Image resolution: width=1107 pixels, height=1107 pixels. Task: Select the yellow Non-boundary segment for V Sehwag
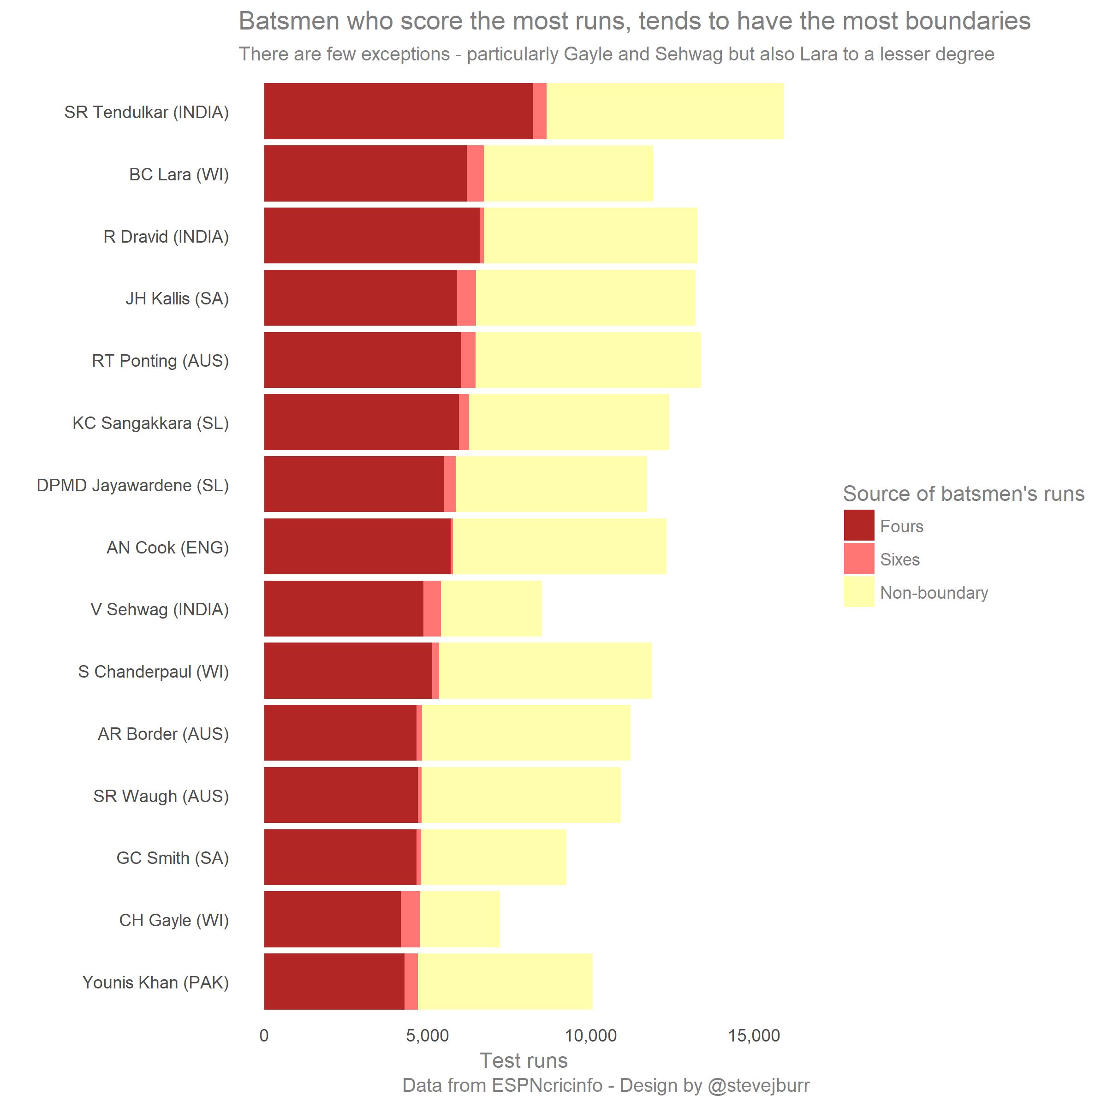(491, 608)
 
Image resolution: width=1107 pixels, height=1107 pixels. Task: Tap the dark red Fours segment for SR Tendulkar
(398, 111)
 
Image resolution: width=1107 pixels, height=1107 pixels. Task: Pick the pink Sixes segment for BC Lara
(475, 173)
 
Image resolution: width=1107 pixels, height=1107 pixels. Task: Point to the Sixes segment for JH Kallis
(466, 298)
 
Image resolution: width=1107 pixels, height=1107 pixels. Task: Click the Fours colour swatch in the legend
(859, 525)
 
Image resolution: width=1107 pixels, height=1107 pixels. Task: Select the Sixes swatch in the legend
(859, 559)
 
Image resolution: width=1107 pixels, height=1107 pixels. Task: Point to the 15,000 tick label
(754, 1036)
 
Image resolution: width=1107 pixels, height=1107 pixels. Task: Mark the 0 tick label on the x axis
(264, 1036)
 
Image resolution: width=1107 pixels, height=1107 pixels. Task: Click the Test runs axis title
(523, 1060)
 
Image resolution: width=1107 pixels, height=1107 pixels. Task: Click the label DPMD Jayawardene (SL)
(133, 485)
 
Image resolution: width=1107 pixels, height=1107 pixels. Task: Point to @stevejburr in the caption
(759, 1085)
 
